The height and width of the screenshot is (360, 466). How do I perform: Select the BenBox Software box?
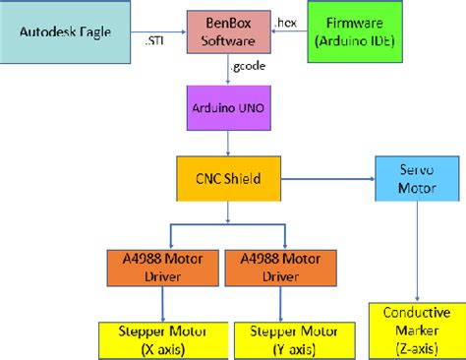(228, 33)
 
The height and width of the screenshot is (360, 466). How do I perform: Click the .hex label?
(287, 21)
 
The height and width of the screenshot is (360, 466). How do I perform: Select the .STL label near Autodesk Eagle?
(157, 41)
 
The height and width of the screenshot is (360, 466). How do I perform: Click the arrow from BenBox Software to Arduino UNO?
(228, 72)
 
